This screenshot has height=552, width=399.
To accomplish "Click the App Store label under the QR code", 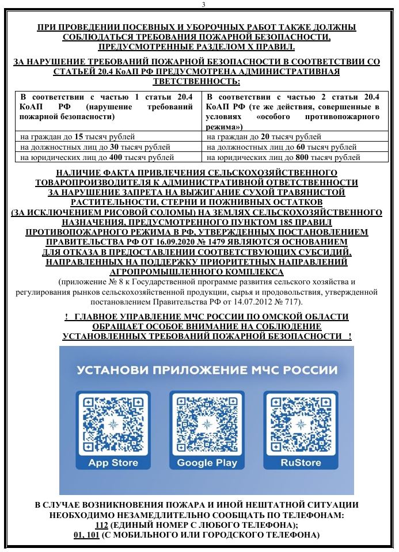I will (113, 463).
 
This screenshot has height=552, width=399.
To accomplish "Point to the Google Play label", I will (207, 463).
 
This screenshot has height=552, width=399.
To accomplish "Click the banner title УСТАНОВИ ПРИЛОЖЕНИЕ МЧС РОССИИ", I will (207, 369).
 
